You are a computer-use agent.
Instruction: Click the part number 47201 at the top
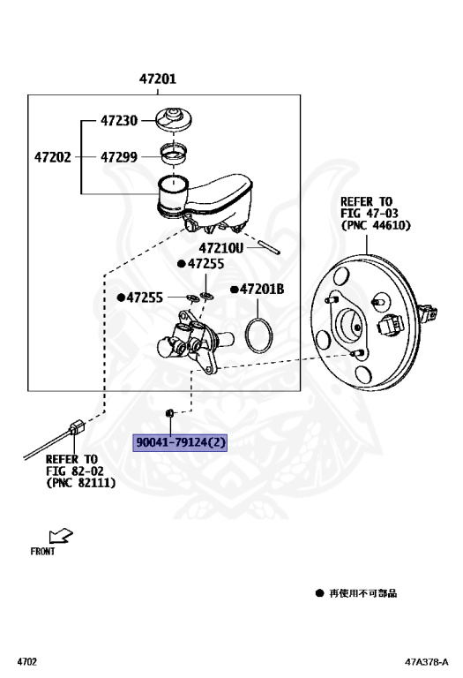coord(158,79)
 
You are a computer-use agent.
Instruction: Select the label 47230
coord(119,120)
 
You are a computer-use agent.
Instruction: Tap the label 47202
coord(53,157)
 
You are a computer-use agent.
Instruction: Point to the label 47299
coord(119,157)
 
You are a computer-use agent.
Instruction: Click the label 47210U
coord(221,248)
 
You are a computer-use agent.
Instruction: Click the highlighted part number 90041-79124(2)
coord(180,442)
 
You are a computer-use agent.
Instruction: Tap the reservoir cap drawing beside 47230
coord(174,119)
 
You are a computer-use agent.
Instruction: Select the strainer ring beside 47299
coord(174,154)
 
